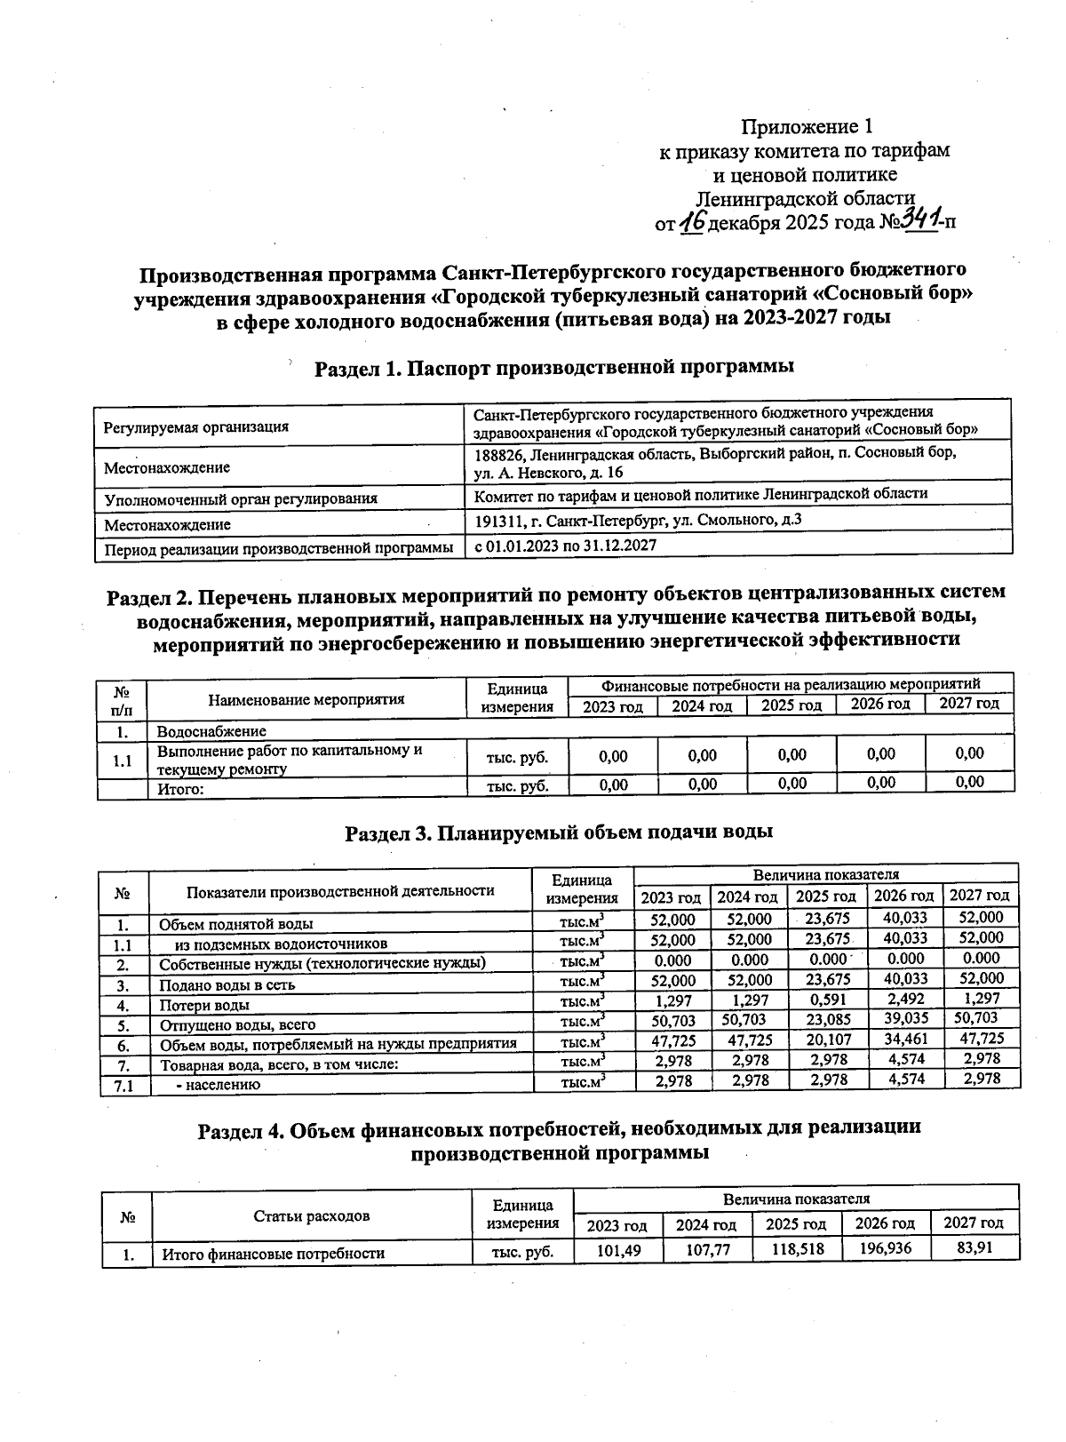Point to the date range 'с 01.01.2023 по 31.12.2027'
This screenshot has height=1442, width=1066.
pyautogui.click(x=565, y=546)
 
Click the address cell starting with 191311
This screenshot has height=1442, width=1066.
pyautogui.click(x=638, y=521)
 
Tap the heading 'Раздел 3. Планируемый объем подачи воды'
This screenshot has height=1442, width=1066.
pyautogui.click(x=559, y=833)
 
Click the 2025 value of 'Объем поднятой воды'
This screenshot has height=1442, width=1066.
pyautogui.click(x=825, y=919)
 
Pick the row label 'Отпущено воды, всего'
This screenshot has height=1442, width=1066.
pyautogui.click(x=237, y=1024)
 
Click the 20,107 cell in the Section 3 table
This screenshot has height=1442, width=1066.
pyautogui.click(x=825, y=1040)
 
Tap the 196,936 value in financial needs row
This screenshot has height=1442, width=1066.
pyautogui.click(x=885, y=1249)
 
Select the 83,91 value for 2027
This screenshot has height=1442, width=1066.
pyautogui.click(x=974, y=1248)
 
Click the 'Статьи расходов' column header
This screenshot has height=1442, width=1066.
pyautogui.click(x=311, y=1216)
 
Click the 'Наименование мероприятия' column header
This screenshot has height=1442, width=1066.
pyautogui.click(x=306, y=699)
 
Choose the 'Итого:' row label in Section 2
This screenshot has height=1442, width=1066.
pyautogui.click(x=181, y=788)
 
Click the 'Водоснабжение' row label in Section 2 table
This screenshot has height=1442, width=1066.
pyautogui.click(x=211, y=732)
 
